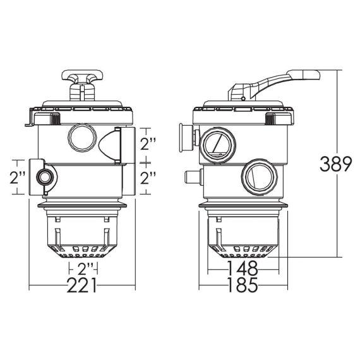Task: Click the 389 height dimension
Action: [x=335, y=164]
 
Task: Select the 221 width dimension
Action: [x=81, y=285]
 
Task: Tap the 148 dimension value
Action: [x=243, y=268]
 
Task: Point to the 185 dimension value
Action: [x=243, y=285]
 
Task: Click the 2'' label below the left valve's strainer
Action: [x=85, y=268]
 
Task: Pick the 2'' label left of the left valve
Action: [x=18, y=177]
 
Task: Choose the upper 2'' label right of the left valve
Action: [x=148, y=144]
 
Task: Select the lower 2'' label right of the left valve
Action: [x=148, y=178]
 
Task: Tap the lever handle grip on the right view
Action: [x=303, y=75]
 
